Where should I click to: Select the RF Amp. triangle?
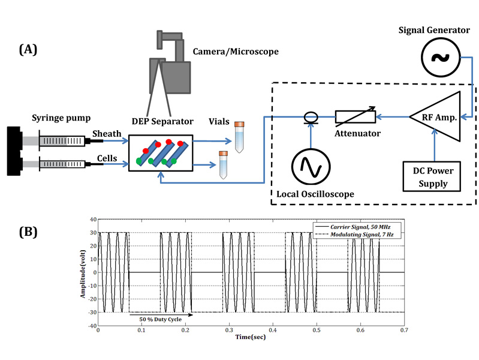(436, 117)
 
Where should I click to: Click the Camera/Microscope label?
(235, 52)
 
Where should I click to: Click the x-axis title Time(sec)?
(250, 337)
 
